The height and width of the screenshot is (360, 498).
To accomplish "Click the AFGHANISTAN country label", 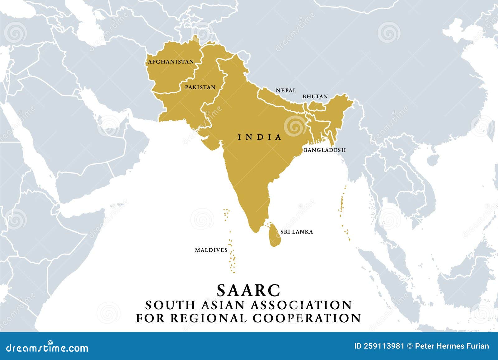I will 171,62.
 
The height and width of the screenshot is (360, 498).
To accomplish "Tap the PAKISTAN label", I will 200,87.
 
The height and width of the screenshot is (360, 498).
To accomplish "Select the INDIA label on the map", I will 260,137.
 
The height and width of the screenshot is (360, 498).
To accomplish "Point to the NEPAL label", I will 286,91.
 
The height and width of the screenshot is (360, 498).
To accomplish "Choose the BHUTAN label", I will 315,96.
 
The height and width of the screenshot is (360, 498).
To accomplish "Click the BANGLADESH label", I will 325,150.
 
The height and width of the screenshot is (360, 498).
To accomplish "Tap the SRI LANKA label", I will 297,232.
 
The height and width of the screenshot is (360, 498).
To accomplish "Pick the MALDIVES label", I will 211,250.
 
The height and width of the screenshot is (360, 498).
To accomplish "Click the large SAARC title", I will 249,290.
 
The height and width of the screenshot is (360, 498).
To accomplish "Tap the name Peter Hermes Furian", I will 452,346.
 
